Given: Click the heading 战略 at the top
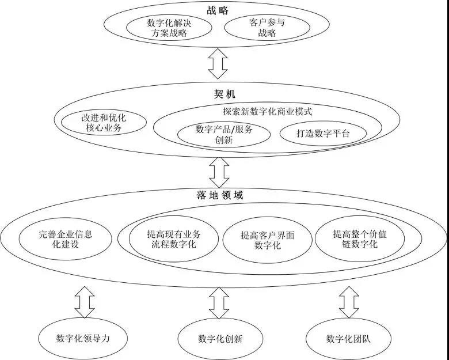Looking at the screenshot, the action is point(218,10).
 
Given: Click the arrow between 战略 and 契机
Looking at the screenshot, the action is point(218,63).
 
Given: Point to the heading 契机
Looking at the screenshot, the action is point(224,94).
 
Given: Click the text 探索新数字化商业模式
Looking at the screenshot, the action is point(268,111).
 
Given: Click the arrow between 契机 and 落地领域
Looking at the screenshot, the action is point(219,173).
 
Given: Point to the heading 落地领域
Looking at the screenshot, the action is point(220,195).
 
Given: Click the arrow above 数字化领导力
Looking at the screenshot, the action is point(85,302).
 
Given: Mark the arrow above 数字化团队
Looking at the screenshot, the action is point(349,302).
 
